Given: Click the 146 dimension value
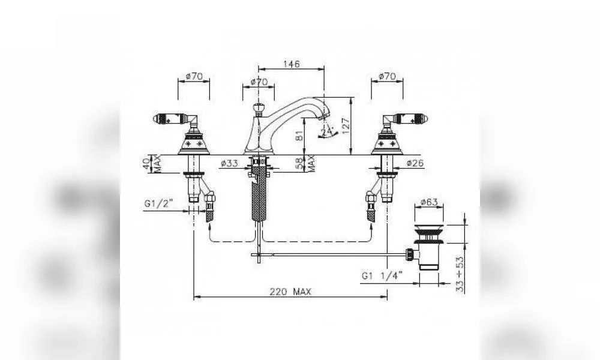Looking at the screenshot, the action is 291,64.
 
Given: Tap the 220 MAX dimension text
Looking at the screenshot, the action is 290,292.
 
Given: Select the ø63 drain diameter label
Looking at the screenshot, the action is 428,202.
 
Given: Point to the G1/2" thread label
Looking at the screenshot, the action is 159,203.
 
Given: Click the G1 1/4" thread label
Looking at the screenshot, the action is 382,275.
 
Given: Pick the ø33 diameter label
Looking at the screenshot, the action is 229,163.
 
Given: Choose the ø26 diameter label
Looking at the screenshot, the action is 415,163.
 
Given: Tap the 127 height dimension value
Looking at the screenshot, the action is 346,126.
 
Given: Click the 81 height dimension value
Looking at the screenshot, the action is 299,136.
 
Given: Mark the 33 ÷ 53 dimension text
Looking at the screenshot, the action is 460,274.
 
